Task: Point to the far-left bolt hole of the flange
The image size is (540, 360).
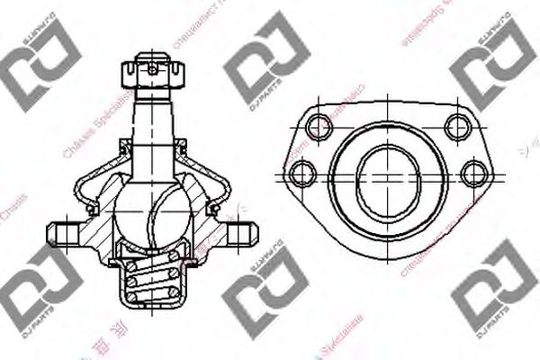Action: click(299, 173)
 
